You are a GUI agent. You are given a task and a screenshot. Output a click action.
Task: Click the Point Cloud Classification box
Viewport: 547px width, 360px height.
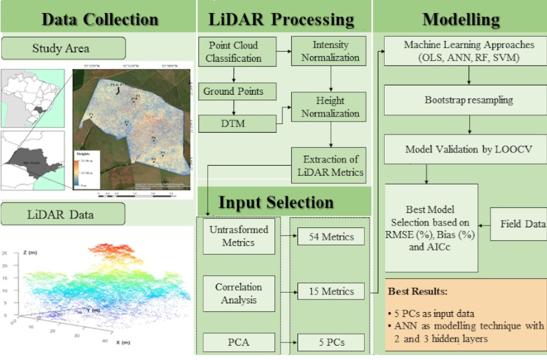coord(233,52)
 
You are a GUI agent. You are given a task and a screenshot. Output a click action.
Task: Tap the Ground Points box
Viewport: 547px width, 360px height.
coord(233,92)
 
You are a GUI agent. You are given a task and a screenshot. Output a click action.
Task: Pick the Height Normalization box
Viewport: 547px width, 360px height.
coord(330,107)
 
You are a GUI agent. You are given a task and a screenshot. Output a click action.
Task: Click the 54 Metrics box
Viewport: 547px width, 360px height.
coord(330,237)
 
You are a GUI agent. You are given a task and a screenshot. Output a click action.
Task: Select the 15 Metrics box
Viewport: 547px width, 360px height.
coord(330,291)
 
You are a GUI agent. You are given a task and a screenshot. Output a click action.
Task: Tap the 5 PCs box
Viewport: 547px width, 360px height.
coord(330,341)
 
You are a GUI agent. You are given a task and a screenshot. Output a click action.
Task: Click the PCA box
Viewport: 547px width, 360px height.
coord(239,341)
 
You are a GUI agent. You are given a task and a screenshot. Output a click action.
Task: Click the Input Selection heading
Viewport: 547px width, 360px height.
coord(276,202)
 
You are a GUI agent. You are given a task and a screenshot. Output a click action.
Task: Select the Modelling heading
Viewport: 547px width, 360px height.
coord(461,19)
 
